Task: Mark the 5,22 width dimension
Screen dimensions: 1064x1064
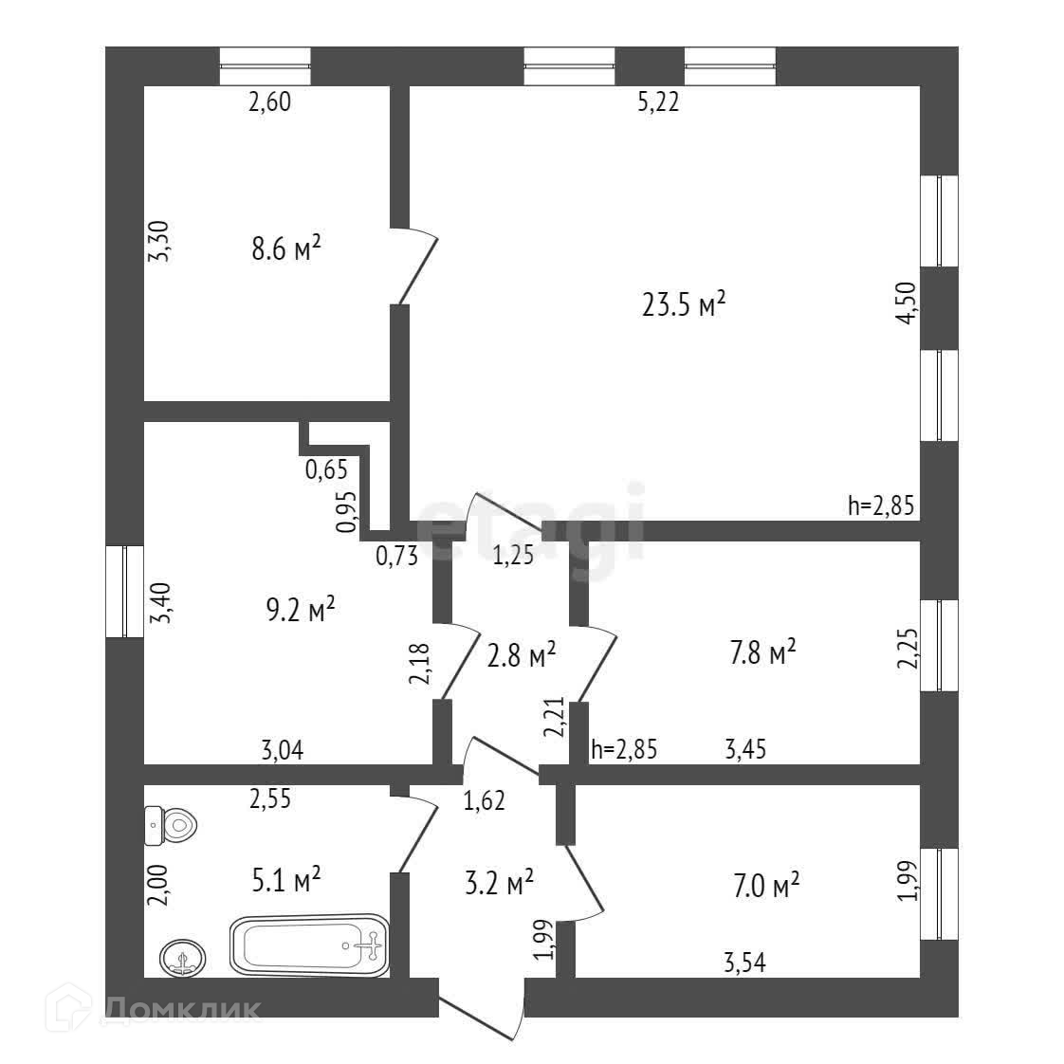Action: click(658, 102)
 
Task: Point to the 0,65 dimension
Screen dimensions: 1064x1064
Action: click(325, 468)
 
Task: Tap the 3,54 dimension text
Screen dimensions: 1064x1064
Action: click(743, 963)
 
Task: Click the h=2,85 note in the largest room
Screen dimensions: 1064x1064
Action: click(880, 505)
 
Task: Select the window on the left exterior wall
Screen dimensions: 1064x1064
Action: click(123, 592)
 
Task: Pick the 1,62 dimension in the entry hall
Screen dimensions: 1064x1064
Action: click(484, 801)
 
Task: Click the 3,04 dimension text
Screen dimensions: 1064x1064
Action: click(282, 750)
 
